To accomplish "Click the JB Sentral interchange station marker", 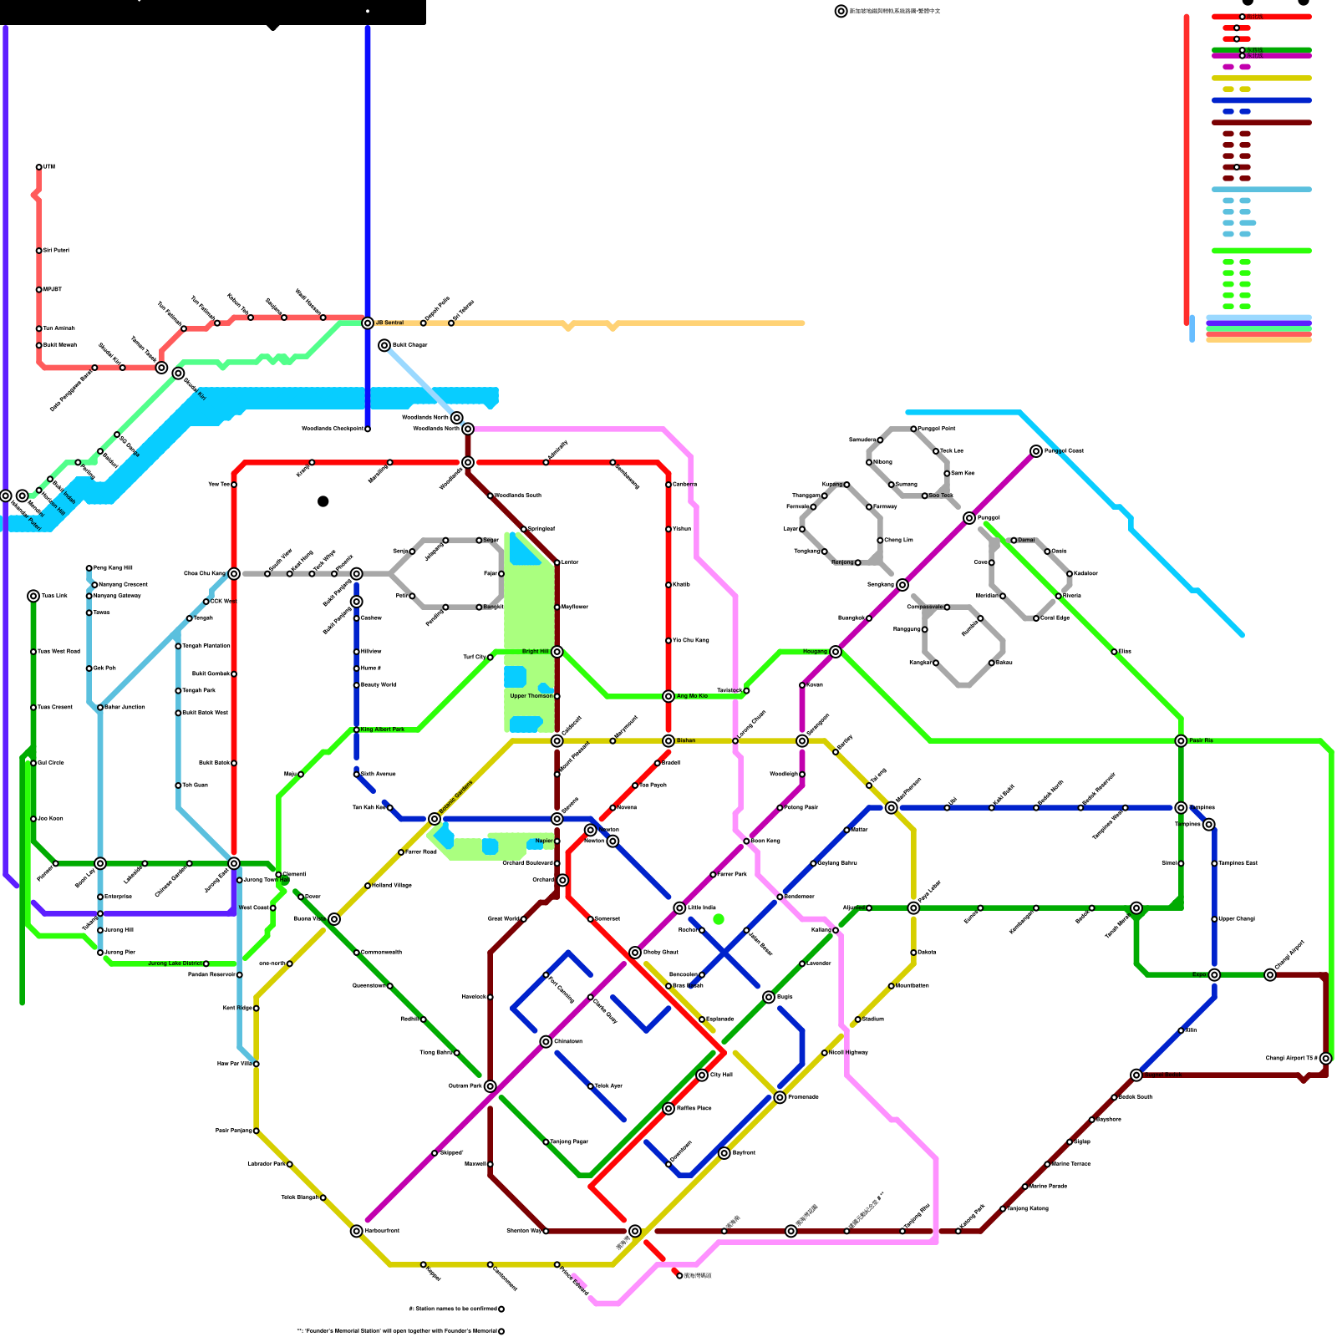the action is point(368,323).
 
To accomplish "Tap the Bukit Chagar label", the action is point(409,345).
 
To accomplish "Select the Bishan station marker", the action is point(668,741).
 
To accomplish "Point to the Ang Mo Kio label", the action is point(692,696).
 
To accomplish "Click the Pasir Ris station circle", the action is point(1181,741).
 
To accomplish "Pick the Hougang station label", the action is point(815,652).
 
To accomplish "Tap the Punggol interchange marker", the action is point(969,518).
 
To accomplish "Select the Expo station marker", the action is point(1214,975).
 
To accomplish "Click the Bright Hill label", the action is point(535,652).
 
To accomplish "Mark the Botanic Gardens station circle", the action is point(435,819).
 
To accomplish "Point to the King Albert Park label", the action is point(383,730).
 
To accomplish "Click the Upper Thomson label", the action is point(531,696).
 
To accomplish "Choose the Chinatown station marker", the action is point(546,1042).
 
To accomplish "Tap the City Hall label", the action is point(721,1075).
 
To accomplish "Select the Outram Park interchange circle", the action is point(491,1086).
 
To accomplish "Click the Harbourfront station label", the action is point(382,1231).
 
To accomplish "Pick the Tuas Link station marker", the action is point(33,596).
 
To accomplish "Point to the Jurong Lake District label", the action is point(175,963).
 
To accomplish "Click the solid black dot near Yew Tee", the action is point(323,501).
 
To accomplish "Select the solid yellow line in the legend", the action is point(1261,79).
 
